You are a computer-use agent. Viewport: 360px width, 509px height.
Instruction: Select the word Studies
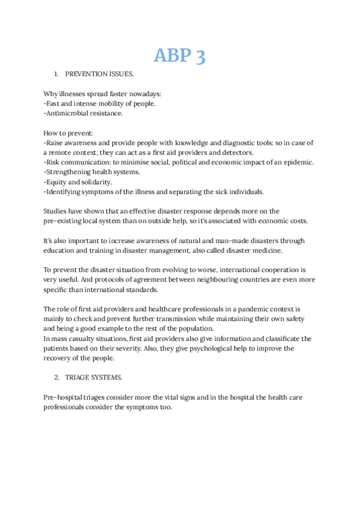[56, 211]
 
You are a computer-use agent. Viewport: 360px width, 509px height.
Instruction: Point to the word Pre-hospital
[66, 397]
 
